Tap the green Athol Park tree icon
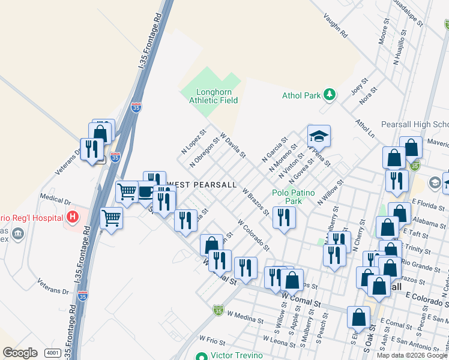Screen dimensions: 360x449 (329, 94)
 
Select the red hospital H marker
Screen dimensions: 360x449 (73, 216)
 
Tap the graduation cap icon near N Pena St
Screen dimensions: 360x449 (319, 136)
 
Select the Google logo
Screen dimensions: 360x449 (20, 353)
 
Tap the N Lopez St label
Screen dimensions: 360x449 (193, 140)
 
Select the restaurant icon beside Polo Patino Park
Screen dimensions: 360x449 (284, 217)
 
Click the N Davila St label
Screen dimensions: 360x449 (233, 145)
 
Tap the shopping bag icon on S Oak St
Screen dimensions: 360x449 (358, 317)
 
